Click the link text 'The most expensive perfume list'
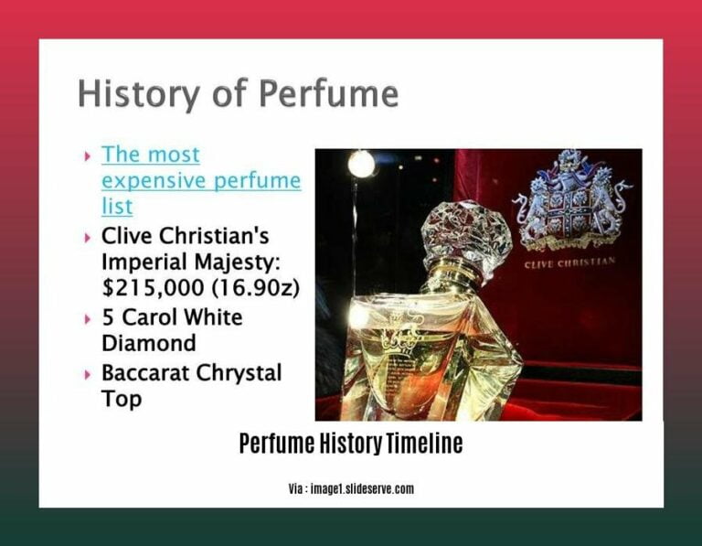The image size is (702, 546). coord(200,180)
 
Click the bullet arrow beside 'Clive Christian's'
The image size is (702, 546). coord(88,237)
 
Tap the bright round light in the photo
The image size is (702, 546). coord(361,164)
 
